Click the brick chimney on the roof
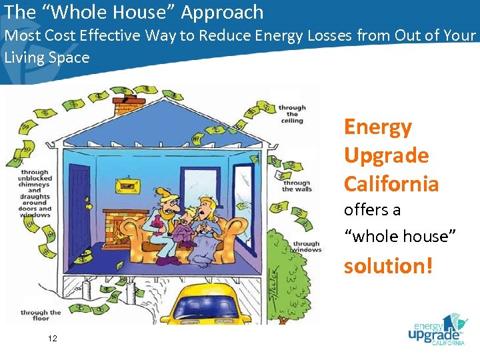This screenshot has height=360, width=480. click(128, 107)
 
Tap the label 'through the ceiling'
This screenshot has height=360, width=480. click(292, 114)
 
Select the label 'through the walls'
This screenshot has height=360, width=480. click(297, 186)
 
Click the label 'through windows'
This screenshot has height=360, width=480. click(307, 247)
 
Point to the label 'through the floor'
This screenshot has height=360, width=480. click(41, 316)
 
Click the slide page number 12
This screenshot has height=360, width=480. click(53, 339)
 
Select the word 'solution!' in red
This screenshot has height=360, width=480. click(389, 266)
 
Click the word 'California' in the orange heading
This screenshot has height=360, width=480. click(391, 183)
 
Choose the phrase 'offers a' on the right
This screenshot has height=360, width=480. click(372, 209)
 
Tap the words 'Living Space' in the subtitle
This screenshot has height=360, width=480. click(47, 57)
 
